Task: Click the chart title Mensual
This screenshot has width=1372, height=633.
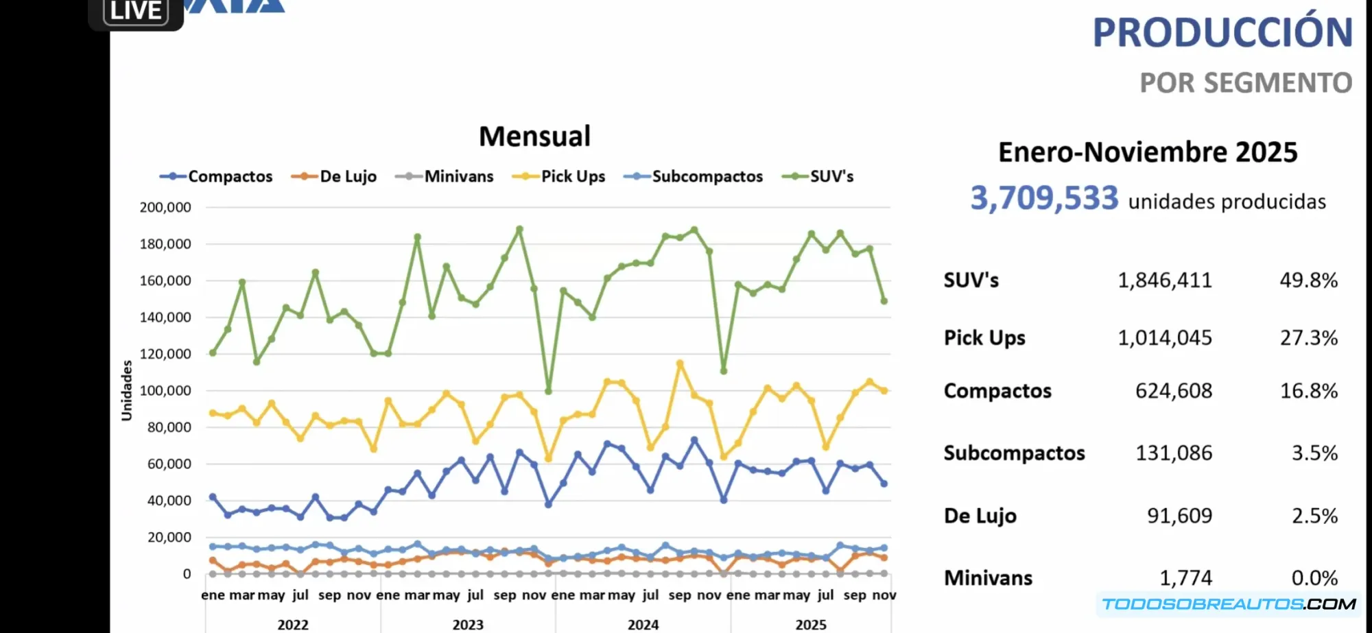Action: [534, 136]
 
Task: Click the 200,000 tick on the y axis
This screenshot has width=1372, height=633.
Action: [165, 207]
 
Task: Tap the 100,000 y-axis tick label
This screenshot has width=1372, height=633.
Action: [165, 391]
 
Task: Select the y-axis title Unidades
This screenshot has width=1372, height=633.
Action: [126, 390]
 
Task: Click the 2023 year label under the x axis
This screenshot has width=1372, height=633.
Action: [468, 624]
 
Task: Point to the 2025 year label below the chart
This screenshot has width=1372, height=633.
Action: [811, 624]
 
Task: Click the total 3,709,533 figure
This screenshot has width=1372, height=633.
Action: [1044, 198]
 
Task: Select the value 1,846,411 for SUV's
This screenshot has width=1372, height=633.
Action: [1165, 280]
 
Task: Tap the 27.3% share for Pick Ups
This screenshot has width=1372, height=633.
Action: [1308, 337]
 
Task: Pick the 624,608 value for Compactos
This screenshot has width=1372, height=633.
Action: [1174, 391]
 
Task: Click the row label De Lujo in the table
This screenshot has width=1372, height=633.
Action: [980, 516]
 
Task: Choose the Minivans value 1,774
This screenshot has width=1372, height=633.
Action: [1185, 577]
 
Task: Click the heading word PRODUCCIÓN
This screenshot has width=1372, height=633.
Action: [1222, 32]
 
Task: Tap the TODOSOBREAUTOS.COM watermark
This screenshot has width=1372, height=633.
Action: [1229, 604]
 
